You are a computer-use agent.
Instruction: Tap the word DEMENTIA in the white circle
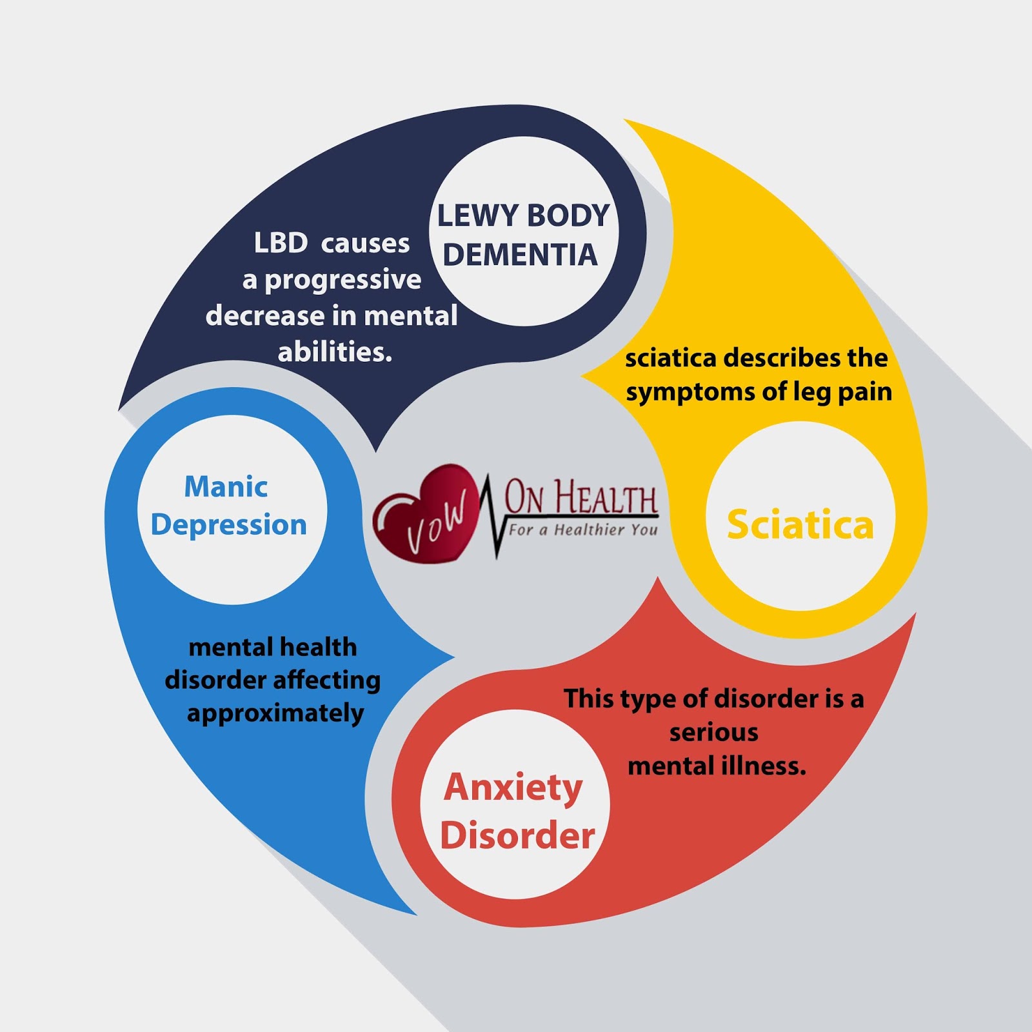520,255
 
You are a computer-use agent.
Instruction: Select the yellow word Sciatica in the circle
800,524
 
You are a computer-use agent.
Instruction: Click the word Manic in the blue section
226,487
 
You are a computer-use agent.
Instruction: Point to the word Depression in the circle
228,525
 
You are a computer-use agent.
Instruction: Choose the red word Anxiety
513,788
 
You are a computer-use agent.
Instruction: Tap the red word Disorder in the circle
517,836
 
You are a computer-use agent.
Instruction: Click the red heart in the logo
422,510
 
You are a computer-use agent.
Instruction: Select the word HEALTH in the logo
606,499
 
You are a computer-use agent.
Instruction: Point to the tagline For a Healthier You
583,530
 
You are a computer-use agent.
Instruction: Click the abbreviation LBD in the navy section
281,243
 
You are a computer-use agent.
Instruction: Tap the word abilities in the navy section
335,352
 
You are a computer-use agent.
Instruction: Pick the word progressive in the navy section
342,280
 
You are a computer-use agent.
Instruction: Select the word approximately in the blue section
275,714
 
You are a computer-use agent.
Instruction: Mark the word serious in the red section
713,733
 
